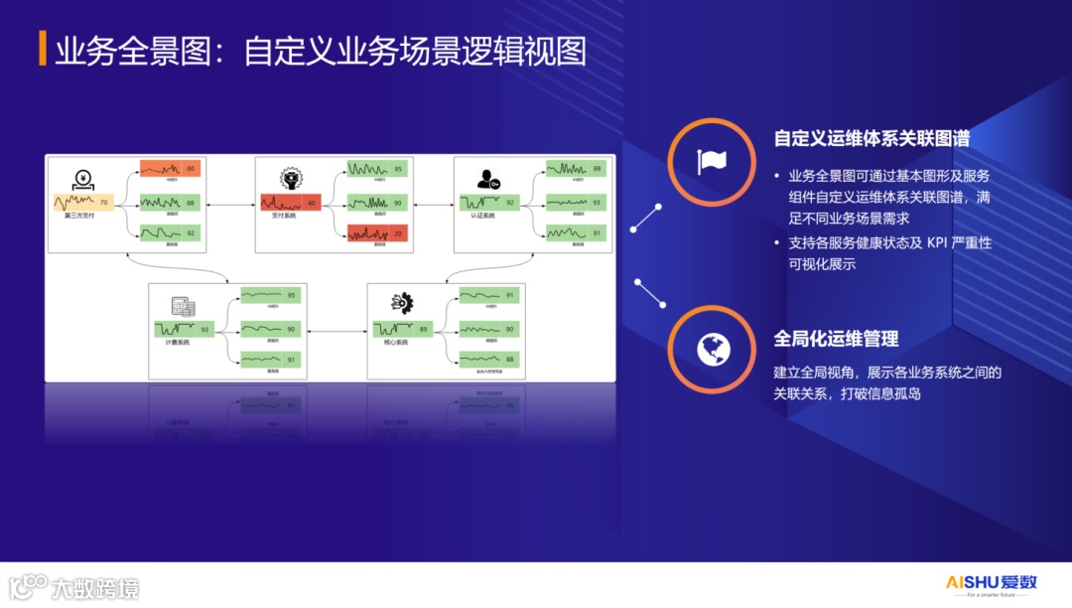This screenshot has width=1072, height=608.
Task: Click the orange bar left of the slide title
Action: point(43,50)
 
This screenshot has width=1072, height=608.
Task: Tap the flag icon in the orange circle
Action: point(712,161)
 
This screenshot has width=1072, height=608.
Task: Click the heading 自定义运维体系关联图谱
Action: point(871,139)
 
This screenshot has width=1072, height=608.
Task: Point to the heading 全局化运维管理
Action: point(836,339)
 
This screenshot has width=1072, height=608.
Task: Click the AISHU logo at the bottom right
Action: point(989,584)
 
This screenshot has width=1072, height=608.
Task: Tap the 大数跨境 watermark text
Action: point(94,588)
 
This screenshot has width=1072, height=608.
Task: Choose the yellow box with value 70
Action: point(84,203)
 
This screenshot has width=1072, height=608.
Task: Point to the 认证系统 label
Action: point(482,216)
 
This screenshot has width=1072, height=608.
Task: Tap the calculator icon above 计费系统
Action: point(183,308)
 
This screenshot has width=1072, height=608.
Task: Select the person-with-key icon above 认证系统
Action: point(487,179)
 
